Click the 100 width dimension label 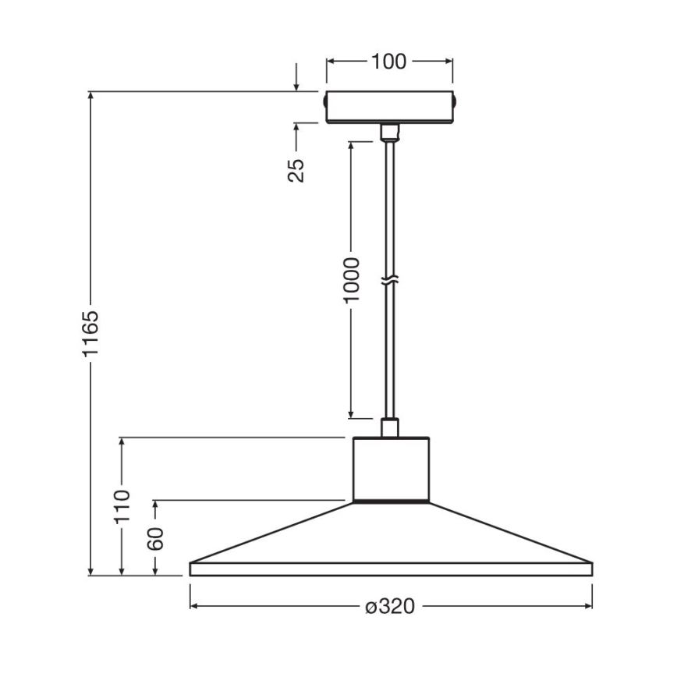pos(389,62)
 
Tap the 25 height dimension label pos(296,169)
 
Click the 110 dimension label pos(122,508)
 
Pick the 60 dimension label pos(156,539)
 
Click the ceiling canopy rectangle pos(389,107)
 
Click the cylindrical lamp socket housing pos(390,468)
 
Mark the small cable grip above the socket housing pos(389,427)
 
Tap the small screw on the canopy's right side pos(455,101)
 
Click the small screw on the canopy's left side pos(324,101)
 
